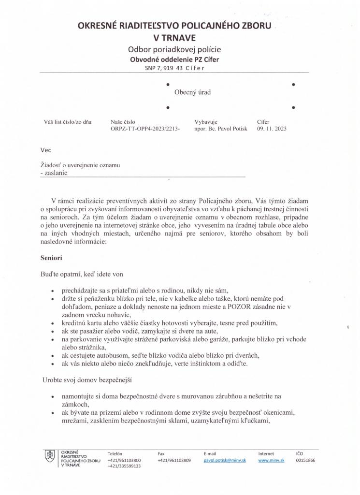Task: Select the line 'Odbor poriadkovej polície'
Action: (174, 49)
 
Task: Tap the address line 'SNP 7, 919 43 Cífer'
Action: (174, 68)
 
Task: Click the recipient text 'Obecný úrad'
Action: (192, 92)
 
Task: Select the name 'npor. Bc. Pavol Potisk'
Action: (220, 129)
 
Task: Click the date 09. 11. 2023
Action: (272, 129)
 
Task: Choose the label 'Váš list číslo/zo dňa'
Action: (68, 122)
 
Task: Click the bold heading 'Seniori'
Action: (51, 259)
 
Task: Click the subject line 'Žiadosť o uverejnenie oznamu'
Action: (80, 165)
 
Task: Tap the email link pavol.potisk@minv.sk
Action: (225, 460)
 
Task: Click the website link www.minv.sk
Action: (271, 460)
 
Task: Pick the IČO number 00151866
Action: (305, 460)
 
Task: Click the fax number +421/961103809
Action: (174, 460)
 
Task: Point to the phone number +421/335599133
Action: (124, 466)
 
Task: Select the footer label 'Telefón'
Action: (115, 453)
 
